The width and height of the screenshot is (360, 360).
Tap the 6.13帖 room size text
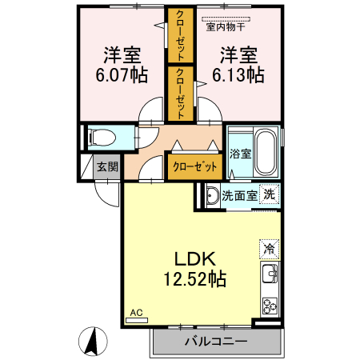click(238, 75)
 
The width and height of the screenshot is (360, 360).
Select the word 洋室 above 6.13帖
click(238, 55)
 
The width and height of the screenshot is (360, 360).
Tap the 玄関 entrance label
click(108, 166)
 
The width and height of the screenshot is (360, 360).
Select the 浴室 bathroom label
click(240, 153)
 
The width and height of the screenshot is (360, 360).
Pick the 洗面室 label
click(238, 194)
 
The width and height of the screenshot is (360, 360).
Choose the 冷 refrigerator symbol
click(270, 249)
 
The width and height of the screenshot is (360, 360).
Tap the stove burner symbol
click(270, 306)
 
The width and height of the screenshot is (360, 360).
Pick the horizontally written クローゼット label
click(194, 166)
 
